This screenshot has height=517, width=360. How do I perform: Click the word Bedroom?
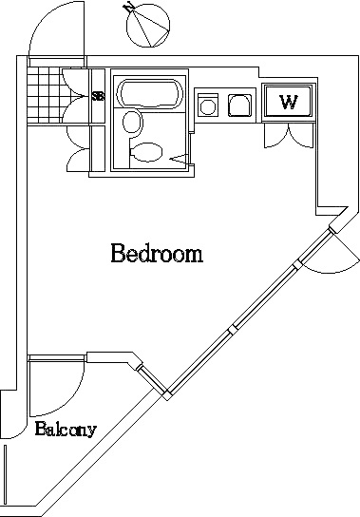click(x=157, y=253)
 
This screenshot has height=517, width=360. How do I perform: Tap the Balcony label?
click(x=66, y=429)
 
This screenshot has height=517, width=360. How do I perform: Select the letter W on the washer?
click(x=289, y=103)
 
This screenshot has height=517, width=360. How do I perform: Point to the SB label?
click(x=98, y=96)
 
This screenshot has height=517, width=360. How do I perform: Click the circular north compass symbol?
click(x=148, y=26)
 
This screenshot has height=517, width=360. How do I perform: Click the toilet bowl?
click(x=146, y=152)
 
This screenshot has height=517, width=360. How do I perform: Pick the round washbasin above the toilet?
click(x=133, y=123)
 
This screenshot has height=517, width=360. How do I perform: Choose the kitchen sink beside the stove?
click(x=239, y=105)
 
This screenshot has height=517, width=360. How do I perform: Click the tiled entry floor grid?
click(x=45, y=95)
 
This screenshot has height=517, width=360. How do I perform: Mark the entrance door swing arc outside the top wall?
click(x=56, y=29)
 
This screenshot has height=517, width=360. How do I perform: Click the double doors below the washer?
click(x=289, y=135)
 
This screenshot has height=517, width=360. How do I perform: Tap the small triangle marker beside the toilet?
click(x=180, y=159)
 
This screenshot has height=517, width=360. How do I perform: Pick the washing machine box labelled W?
click(x=288, y=103)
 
